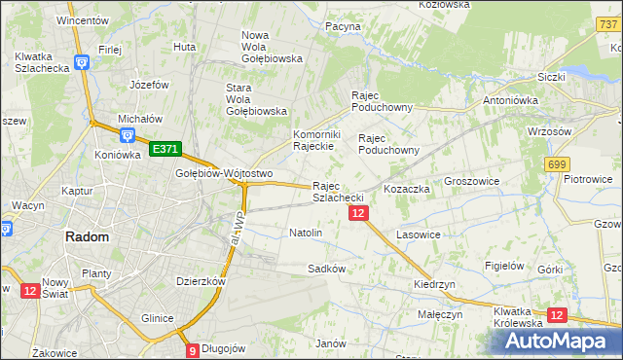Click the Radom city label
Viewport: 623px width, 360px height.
tap(87, 236)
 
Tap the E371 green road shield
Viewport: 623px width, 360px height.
tap(165, 148)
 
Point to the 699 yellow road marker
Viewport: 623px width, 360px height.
tap(557, 165)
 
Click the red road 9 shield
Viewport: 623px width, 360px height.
tap(193, 349)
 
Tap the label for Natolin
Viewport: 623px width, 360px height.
tap(306, 234)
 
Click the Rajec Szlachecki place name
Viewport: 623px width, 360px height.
tap(338, 192)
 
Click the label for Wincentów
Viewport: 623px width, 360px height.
tap(82, 19)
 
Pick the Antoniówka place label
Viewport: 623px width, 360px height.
tap(511, 100)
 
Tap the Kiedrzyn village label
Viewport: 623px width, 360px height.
tap(434, 283)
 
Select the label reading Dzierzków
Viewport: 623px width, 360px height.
tap(201, 280)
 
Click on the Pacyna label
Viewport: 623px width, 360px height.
tap(344, 26)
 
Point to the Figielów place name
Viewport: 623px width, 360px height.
tap(505, 266)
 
